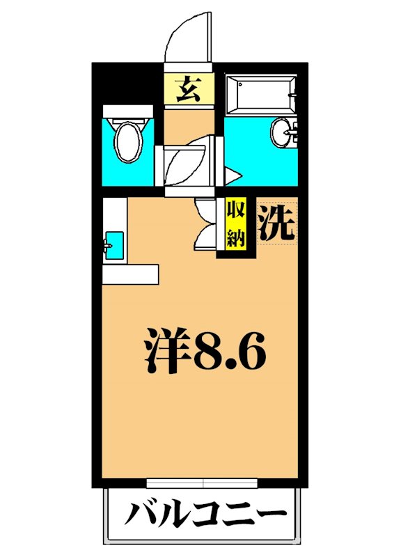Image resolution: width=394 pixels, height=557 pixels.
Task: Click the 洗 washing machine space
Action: (276, 223)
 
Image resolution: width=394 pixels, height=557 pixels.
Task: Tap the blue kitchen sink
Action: (114, 244)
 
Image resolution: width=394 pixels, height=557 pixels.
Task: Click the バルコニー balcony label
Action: (205, 516)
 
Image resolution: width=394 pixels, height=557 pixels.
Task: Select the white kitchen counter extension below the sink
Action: (131, 274)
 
